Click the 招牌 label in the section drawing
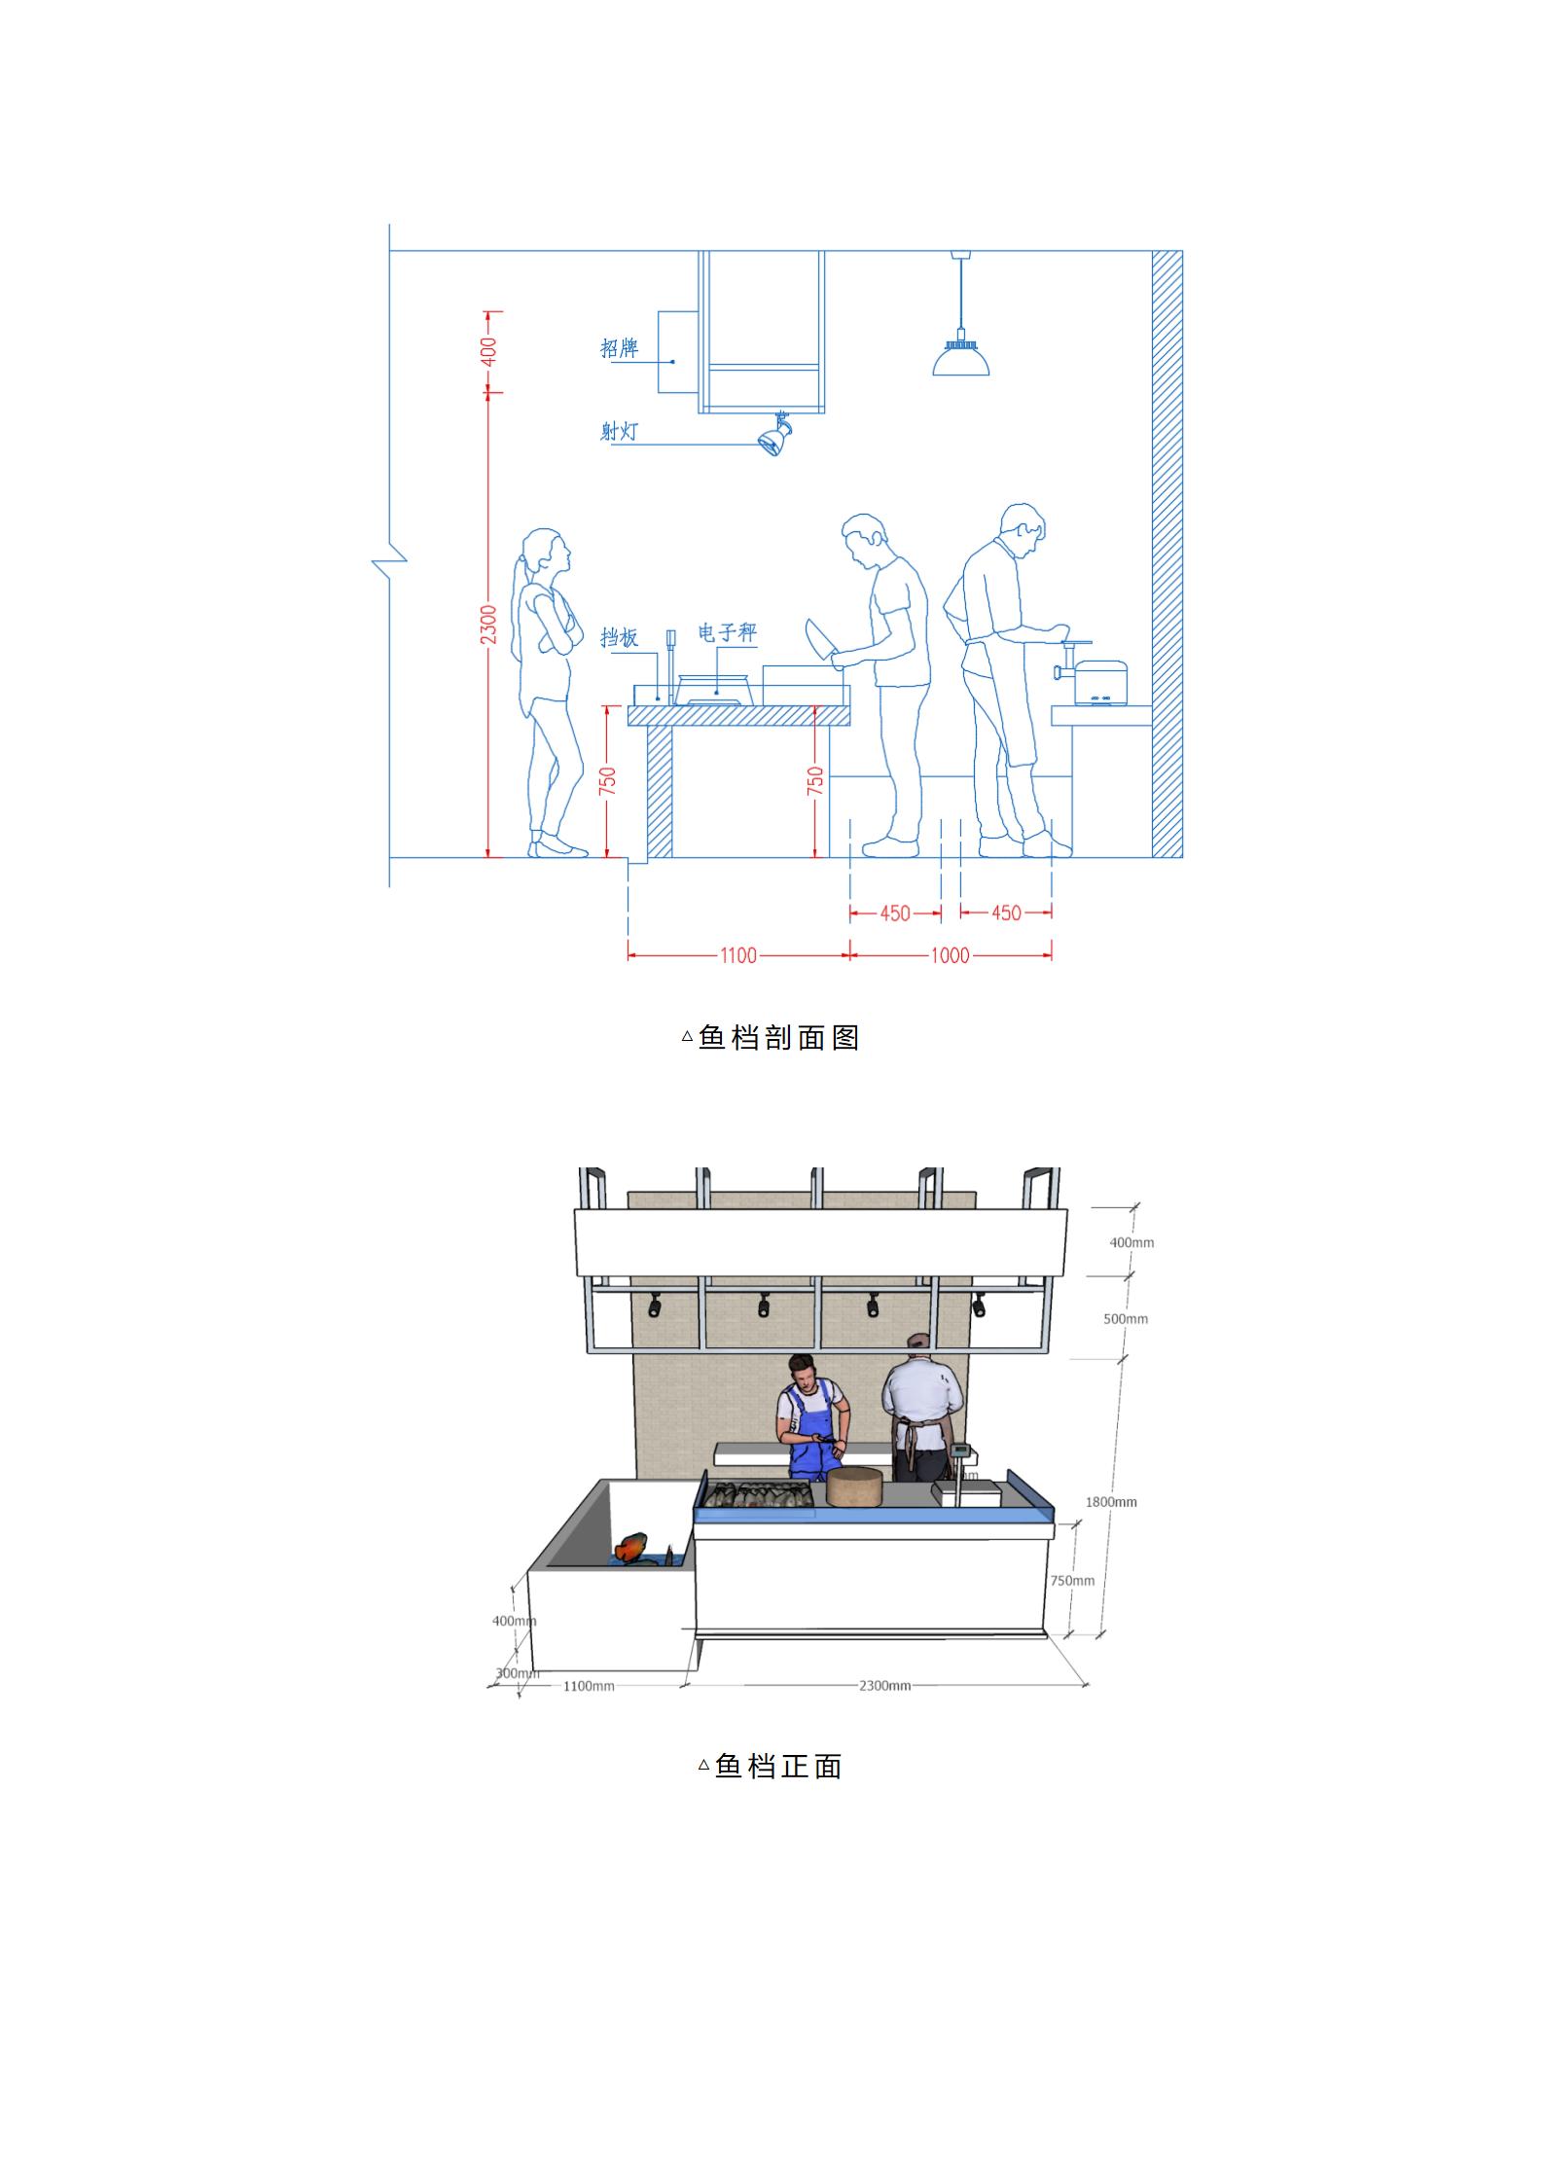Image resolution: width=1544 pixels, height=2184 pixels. [x=619, y=347]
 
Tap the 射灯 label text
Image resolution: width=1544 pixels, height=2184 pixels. [x=619, y=430]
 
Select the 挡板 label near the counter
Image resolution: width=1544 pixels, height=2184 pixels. [x=619, y=637]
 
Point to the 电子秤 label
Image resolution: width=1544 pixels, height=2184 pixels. [x=727, y=632]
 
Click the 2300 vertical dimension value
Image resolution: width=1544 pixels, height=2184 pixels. [x=488, y=624]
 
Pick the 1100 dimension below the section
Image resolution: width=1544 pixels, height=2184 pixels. [x=738, y=955]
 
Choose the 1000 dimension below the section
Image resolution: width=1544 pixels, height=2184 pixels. [x=950, y=955]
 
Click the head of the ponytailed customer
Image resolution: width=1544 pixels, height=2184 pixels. [x=545, y=552]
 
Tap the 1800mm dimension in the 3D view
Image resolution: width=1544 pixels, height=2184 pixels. [x=1111, y=1502]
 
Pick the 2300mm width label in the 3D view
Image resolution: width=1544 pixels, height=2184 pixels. [x=884, y=1686]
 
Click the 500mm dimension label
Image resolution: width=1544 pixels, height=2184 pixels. [x=1126, y=1319]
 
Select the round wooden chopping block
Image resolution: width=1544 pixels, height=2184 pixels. [x=854, y=1486]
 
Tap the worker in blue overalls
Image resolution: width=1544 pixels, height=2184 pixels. [x=812, y=1419]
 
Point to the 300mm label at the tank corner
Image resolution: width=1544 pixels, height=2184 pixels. [x=517, y=1673]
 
